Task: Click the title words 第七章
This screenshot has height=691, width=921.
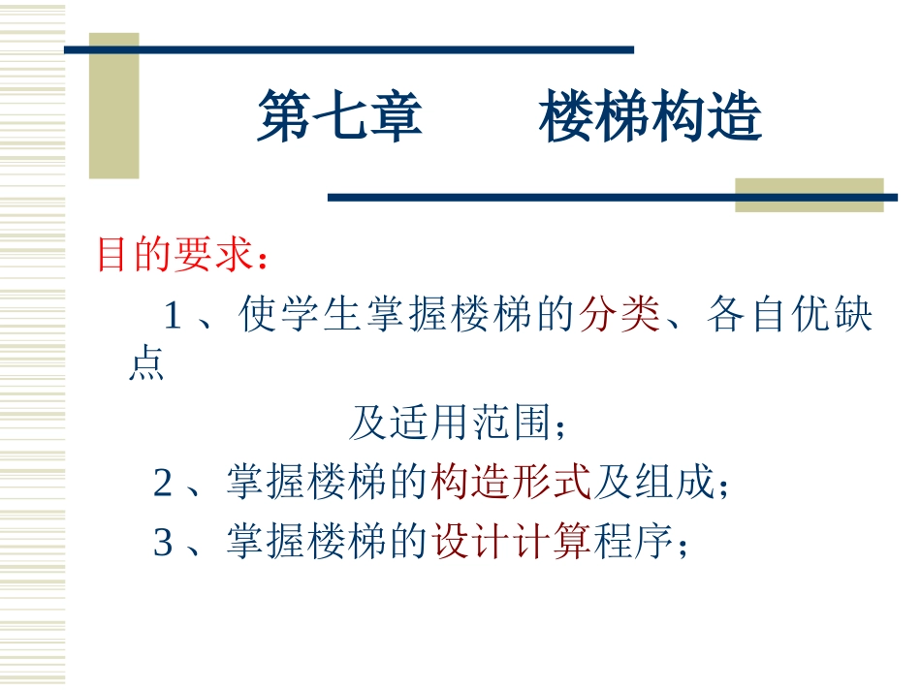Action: coord(339,118)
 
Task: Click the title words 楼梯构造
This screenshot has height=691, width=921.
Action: coord(651,118)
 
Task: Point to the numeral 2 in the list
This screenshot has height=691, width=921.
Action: coord(163,483)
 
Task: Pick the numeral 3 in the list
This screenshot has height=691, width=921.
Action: coord(163,543)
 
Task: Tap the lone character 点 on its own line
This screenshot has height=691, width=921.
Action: coord(145,365)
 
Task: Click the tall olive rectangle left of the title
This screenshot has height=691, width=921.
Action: coord(113,107)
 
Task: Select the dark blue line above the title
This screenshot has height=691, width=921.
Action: coord(349,49)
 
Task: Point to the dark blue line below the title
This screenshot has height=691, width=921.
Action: coord(611,198)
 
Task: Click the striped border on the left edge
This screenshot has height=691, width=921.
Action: coord(32,345)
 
